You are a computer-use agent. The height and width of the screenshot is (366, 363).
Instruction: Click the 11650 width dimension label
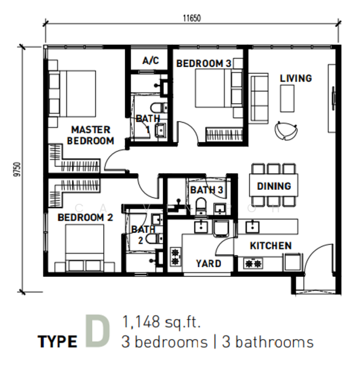(192, 18)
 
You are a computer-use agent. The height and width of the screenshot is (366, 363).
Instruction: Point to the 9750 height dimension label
(17, 170)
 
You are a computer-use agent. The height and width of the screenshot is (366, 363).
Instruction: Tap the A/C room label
(151, 60)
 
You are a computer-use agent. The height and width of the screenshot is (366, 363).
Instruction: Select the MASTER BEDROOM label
(90, 135)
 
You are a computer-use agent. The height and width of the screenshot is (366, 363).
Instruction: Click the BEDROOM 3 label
(204, 63)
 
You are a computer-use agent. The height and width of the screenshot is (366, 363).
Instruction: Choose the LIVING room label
(296, 78)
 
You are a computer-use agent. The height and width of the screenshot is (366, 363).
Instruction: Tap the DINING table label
(274, 186)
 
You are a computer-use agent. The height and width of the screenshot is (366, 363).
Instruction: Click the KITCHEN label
(271, 246)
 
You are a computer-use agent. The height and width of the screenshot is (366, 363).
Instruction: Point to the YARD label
(209, 264)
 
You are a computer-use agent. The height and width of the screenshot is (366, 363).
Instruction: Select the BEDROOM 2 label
(85, 217)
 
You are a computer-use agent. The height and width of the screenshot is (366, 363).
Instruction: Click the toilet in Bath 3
(201, 206)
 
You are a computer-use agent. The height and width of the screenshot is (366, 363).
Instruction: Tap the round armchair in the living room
(286, 131)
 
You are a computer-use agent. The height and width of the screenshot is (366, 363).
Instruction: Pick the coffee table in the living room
(287, 98)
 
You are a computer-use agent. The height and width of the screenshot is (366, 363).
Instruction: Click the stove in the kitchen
(253, 264)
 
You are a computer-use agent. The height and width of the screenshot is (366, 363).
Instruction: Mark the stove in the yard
(176, 257)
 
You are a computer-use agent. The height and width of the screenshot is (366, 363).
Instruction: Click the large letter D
(98, 331)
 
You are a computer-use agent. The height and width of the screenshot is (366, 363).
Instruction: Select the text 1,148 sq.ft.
(161, 322)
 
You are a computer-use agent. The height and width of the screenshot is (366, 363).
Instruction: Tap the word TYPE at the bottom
(57, 342)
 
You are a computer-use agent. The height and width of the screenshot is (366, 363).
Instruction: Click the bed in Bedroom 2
(85, 248)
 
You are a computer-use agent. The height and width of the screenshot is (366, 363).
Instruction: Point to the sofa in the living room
(259, 98)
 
